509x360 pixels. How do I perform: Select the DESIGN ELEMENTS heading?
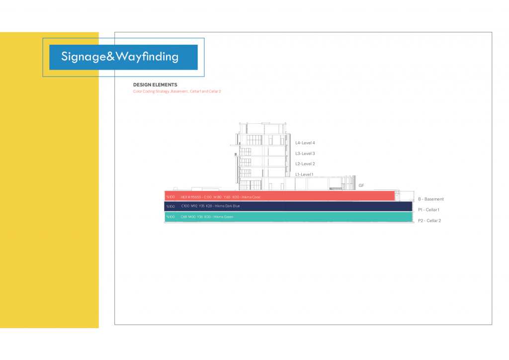coord(155,85)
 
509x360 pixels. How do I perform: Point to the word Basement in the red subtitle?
coord(180,91)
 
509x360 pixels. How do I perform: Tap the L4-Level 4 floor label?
coord(305,143)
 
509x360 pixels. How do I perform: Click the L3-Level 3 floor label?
coord(305,154)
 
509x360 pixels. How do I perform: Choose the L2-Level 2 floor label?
coord(305,164)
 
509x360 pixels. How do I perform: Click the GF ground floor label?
coord(361,185)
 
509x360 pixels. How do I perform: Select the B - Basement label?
coord(430,199)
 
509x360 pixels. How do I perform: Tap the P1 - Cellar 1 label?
coord(428,210)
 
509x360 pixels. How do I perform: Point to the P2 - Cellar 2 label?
coord(429,220)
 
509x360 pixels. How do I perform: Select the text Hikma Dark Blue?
coord(227,206)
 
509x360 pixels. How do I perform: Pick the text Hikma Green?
coord(223,217)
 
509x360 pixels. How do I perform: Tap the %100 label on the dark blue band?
coord(170,206)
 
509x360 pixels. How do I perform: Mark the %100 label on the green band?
coord(170,217)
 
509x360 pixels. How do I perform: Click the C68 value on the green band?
coord(184,217)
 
